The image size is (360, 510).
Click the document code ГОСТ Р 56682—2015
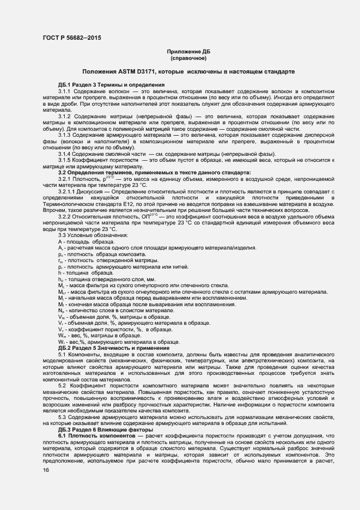pos(71,38)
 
